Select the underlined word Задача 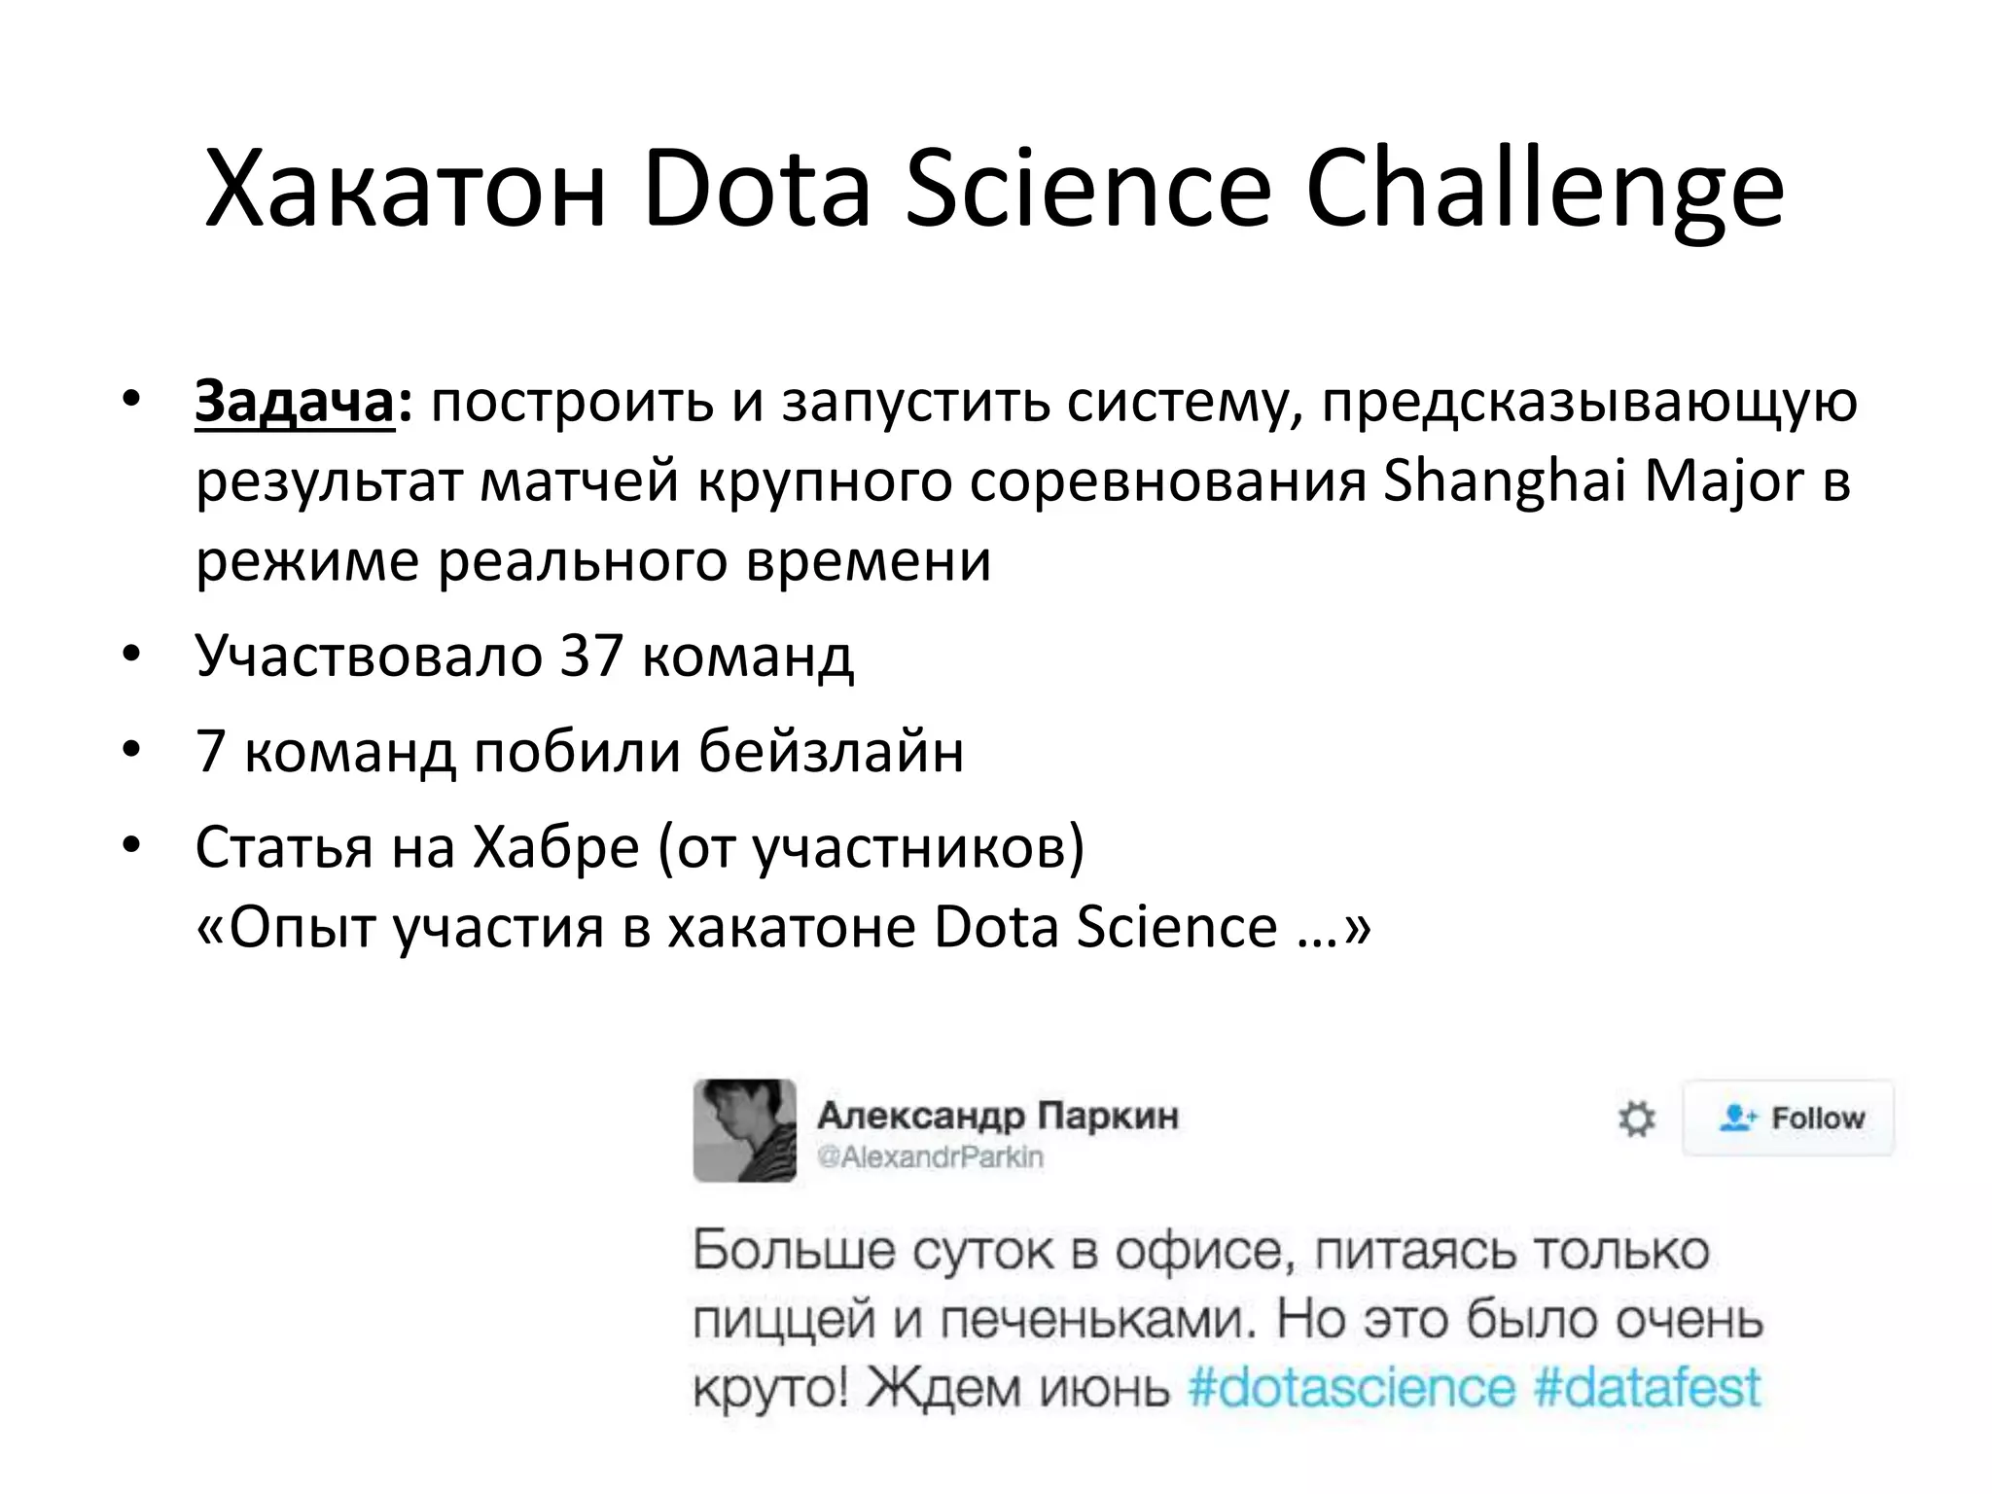pos(295,401)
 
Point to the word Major pos(1725,481)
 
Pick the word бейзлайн pos(832,751)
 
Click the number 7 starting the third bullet pos(211,751)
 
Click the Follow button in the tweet pos(1790,1118)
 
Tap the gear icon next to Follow pos(1636,1119)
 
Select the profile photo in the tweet pos(744,1130)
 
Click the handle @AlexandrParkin pos(930,1157)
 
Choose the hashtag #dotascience pos(1352,1387)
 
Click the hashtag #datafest pos(1647,1387)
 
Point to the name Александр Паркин pos(997,1115)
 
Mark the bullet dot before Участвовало pos(131,655)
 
